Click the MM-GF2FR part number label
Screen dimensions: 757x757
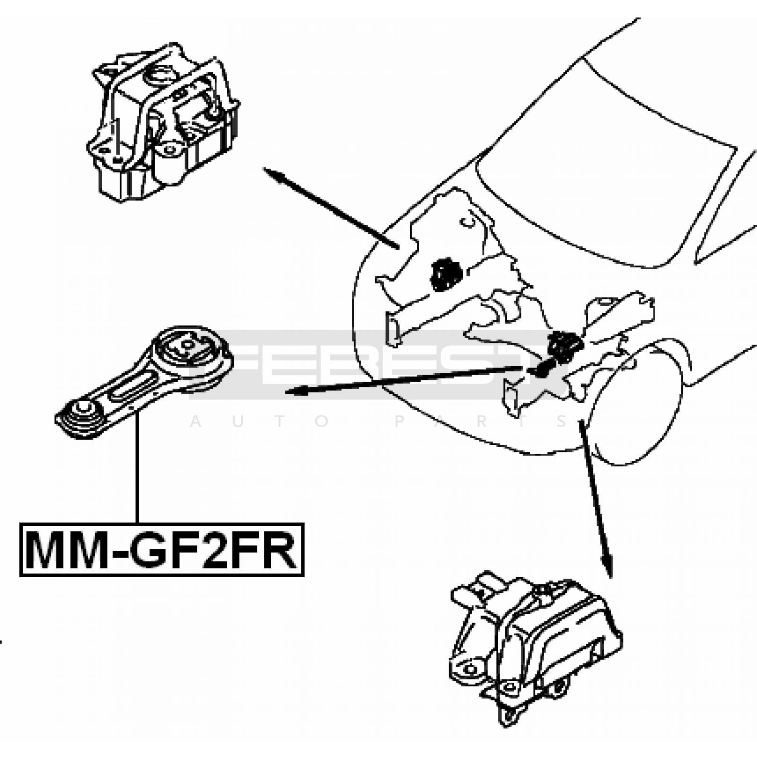pyautogui.click(x=161, y=549)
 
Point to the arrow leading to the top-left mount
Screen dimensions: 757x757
pyautogui.click(x=331, y=208)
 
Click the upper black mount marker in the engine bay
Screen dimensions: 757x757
pyautogui.click(x=443, y=274)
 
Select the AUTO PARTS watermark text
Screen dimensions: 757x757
pyautogui.click(x=378, y=421)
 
